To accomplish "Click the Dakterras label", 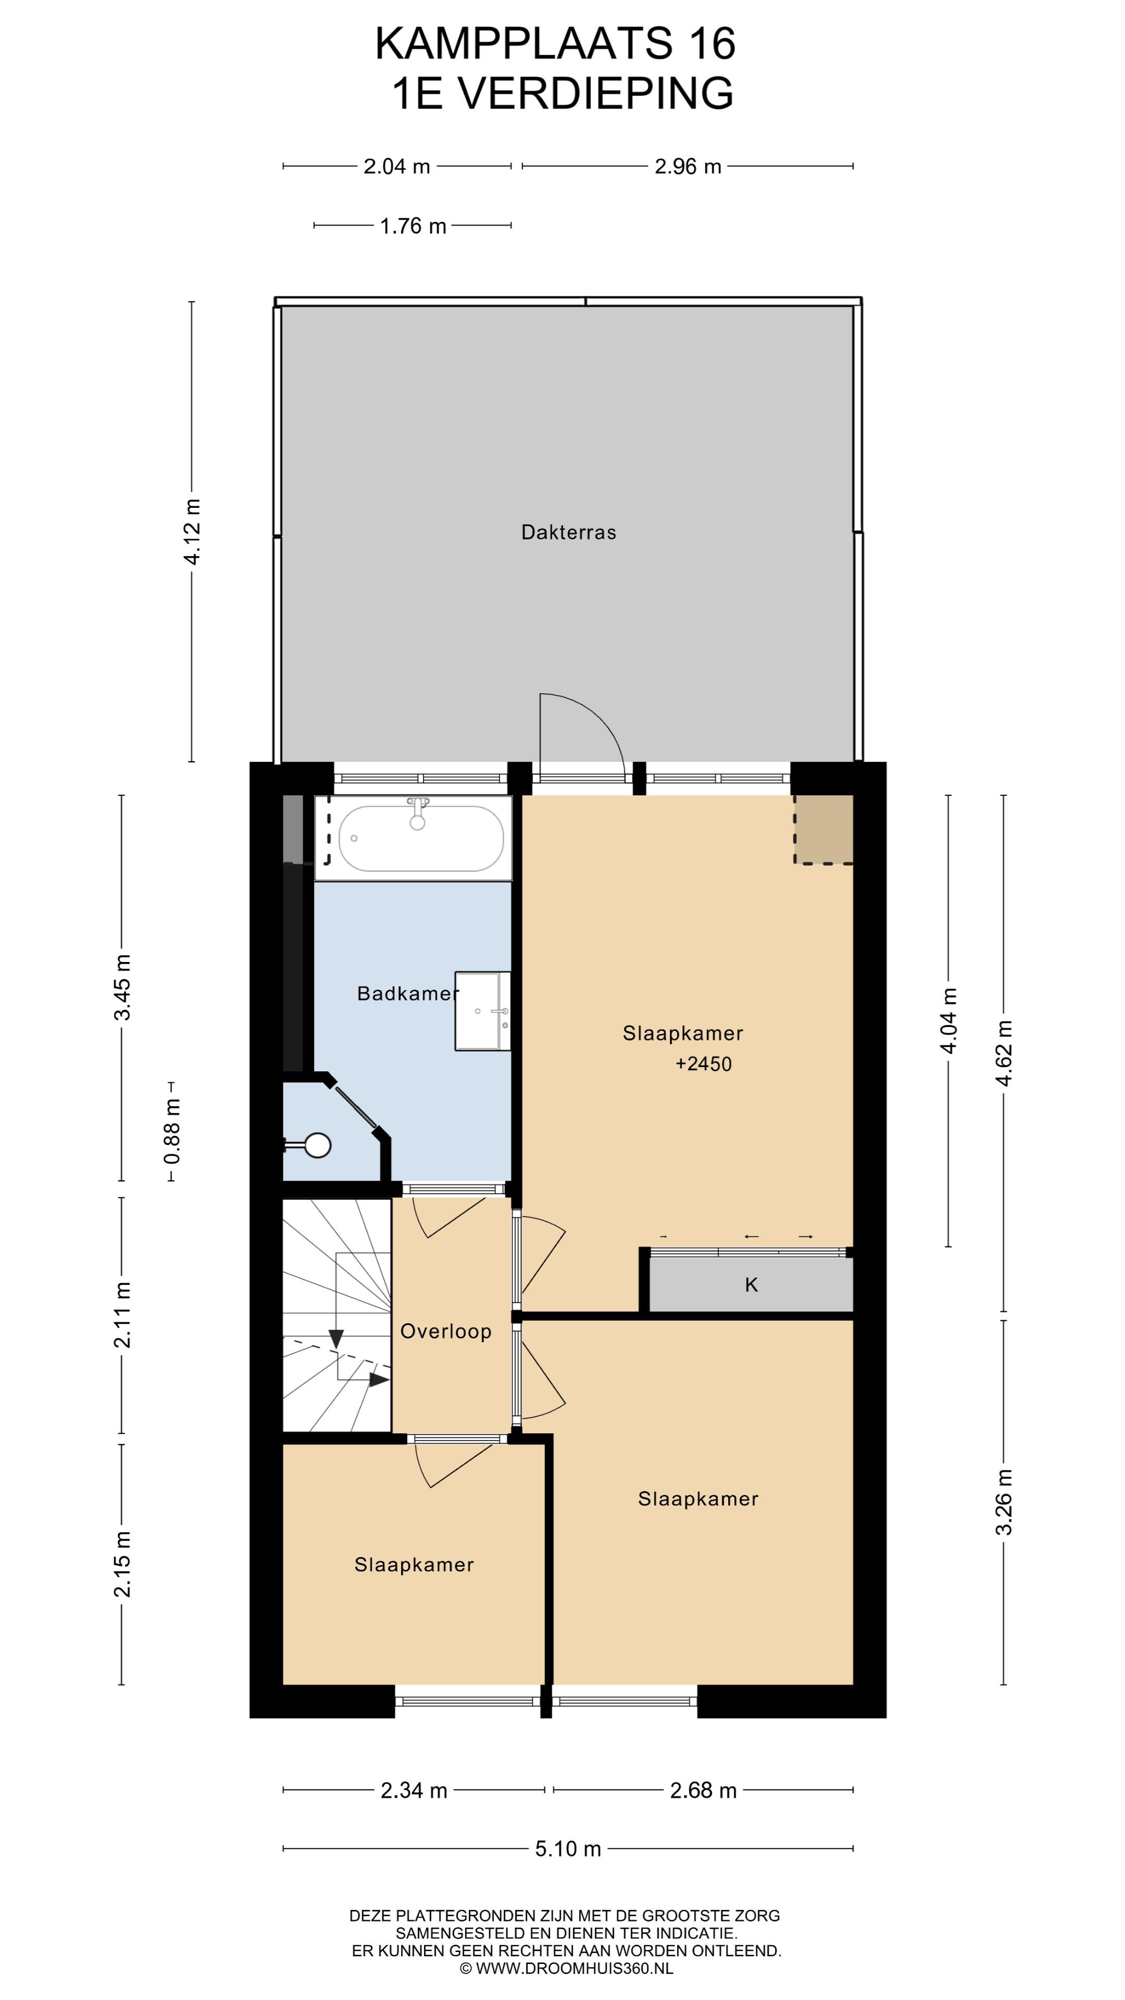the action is point(568,533).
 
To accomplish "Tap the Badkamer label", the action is point(408,993).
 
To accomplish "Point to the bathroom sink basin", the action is point(483,1011).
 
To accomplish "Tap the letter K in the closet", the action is point(751,1285).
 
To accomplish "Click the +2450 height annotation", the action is point(704,1064).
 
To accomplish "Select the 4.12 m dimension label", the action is point(193,532).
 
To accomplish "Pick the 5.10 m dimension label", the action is point(568,1848).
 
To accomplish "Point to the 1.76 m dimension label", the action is point(413,226).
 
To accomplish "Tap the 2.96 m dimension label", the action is point(688,166).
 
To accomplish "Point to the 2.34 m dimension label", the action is point(414,1791).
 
